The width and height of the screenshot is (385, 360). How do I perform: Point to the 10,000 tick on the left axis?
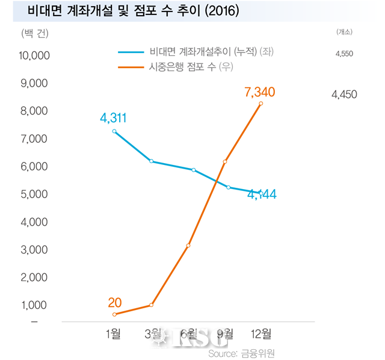point(35,56)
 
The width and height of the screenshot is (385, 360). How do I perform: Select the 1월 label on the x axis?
point(113,334)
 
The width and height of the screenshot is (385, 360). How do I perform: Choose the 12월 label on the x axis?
point(260,334)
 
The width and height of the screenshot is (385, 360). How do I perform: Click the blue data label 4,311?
point(114,118)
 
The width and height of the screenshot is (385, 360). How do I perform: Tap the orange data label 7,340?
point(260,92)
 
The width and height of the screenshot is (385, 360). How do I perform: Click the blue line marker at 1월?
point(114,131)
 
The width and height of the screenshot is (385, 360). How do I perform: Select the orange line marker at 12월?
point(260,104)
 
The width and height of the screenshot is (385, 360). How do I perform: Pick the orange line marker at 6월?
point(188,246)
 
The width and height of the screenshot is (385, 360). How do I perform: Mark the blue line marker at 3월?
point(152,161)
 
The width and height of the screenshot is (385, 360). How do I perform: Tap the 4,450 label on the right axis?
point(344,94)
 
